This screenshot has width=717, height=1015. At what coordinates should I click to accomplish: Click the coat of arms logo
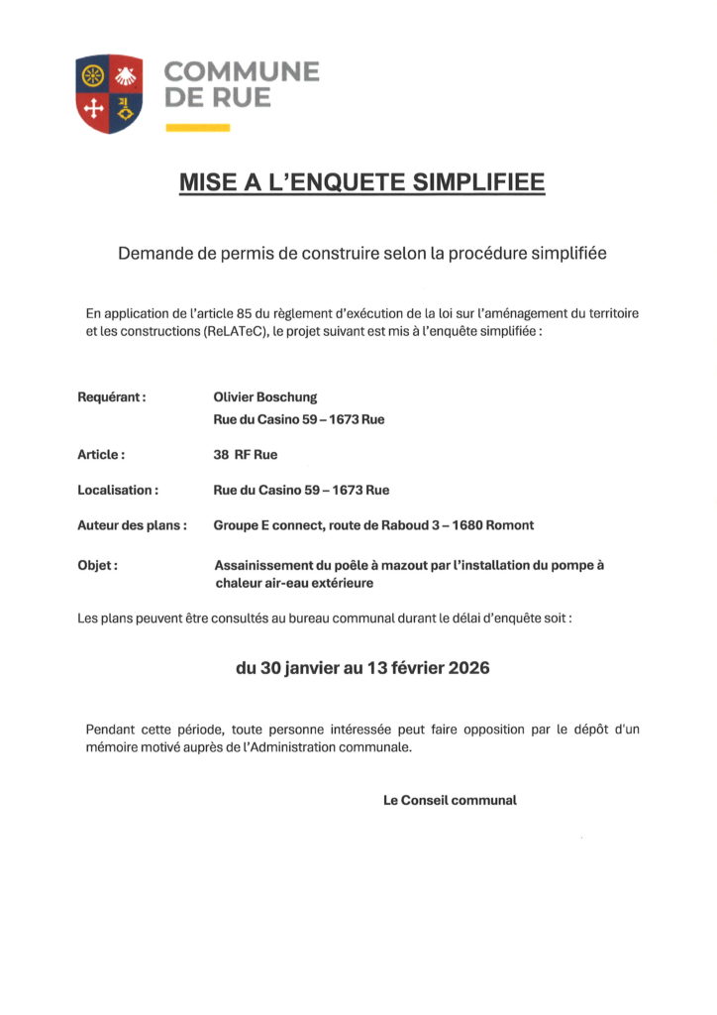109,94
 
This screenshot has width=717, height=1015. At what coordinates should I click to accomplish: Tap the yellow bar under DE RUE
197,128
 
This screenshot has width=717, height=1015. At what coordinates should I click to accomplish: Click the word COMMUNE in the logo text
242,72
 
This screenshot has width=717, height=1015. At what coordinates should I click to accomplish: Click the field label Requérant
112,397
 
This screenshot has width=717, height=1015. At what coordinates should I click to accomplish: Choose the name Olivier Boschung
265,397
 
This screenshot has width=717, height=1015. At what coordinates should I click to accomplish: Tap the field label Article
101,455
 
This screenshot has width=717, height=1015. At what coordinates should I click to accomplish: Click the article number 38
222,455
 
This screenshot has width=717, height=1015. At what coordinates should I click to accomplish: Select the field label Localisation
117,490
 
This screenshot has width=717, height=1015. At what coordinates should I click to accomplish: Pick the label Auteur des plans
132,525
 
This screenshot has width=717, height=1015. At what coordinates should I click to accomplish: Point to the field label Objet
97,566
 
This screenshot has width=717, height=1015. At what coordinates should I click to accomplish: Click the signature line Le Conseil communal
450,800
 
